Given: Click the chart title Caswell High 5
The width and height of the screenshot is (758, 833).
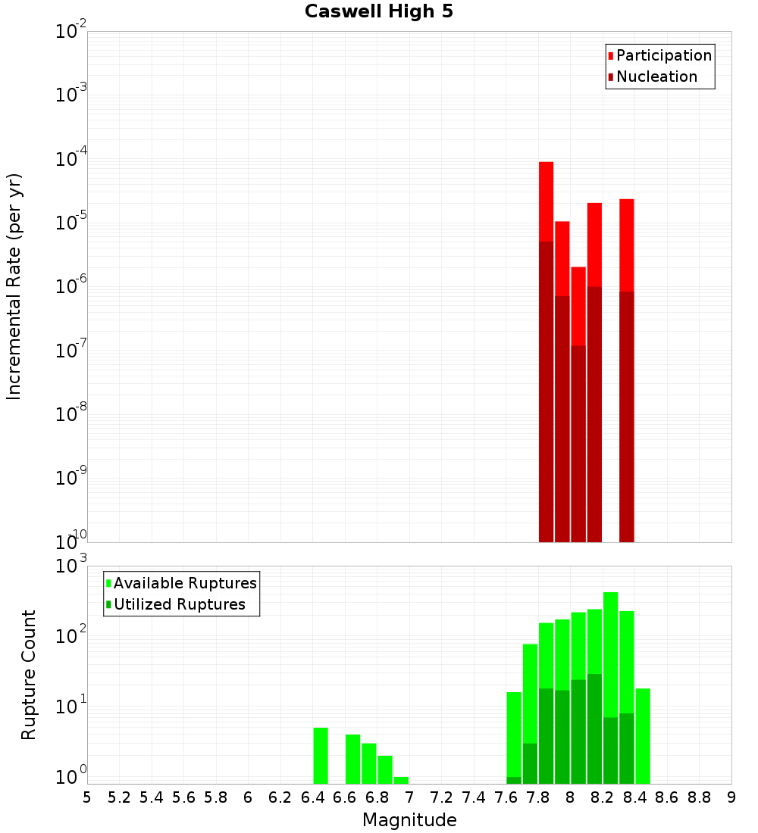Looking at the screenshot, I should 378,11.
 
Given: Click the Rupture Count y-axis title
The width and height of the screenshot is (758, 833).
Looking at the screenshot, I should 29,675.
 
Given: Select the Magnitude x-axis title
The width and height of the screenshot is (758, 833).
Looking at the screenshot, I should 409,819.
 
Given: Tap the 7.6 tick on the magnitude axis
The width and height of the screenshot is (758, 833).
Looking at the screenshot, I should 506,797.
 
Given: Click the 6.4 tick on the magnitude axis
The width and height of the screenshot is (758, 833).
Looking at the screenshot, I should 312,797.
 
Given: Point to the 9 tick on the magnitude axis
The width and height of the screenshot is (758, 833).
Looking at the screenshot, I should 731,797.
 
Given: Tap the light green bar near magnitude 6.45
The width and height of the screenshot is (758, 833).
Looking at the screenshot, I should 321,755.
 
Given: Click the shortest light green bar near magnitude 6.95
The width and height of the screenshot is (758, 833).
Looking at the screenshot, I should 401,780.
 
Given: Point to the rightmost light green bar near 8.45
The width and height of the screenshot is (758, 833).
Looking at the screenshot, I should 643,735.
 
